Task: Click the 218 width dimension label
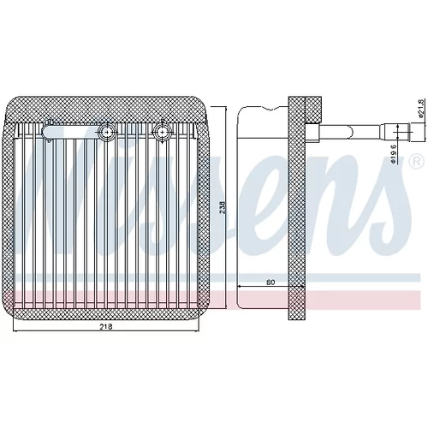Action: point(105,326)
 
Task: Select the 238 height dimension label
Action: point(223,208)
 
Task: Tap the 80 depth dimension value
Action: point(270,282)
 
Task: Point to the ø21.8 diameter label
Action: point(420,108)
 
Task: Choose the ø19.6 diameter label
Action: point(393,154)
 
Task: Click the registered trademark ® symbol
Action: point(417,162)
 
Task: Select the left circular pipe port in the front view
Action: point(107,132)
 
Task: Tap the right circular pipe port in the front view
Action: point(162,132)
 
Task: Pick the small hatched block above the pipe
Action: point(313,110)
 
